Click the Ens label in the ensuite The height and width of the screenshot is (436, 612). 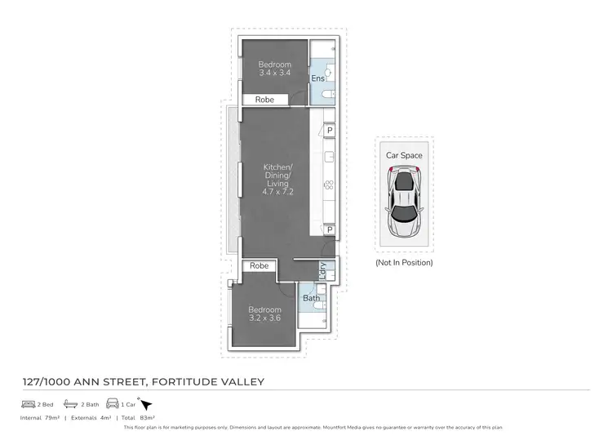click(x=317, y=78)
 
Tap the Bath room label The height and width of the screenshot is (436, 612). click(x=311, y=298)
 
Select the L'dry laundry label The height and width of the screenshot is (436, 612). click(x=324, y=269)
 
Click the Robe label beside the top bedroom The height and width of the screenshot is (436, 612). click(x=264, y=100)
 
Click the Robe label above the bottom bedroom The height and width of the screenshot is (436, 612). click(x=259, y=266)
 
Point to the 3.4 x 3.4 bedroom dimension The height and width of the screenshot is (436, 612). click(x=274, y=73)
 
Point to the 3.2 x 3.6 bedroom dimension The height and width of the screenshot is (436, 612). click(x=264, y=318)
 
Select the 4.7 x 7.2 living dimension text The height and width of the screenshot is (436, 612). click(x=277, y=193)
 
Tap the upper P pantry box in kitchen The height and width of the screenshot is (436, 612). click(x=330, y=130)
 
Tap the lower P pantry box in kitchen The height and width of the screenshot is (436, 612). click(x=330, y=230)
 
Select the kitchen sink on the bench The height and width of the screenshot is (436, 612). click(x=330, y=156)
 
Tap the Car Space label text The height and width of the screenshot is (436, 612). click(x=404, y=154)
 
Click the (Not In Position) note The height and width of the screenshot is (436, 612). click(x=404, y=263)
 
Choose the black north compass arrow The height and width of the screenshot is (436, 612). click(x=146, y=403)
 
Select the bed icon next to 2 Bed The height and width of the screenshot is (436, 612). click(x=28, y=404)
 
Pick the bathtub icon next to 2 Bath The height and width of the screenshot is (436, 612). click(x=70, y=404)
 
